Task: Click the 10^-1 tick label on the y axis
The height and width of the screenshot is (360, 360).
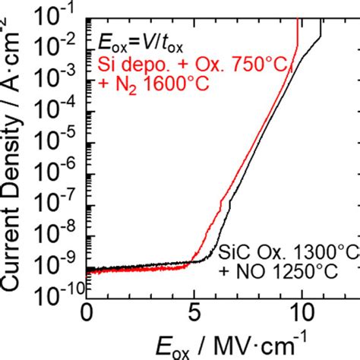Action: (68, 11)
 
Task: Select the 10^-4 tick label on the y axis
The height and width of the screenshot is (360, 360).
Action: (68, 97)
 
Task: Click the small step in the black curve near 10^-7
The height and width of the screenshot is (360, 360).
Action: (228, 204)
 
